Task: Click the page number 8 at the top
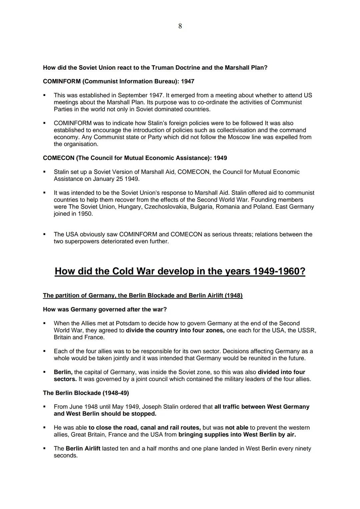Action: click(x=180, y=26)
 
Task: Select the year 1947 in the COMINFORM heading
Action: click(x=188, y=81)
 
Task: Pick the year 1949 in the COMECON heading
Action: click(x=220, y=158)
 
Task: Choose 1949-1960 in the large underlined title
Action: click(x=279, y=271)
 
